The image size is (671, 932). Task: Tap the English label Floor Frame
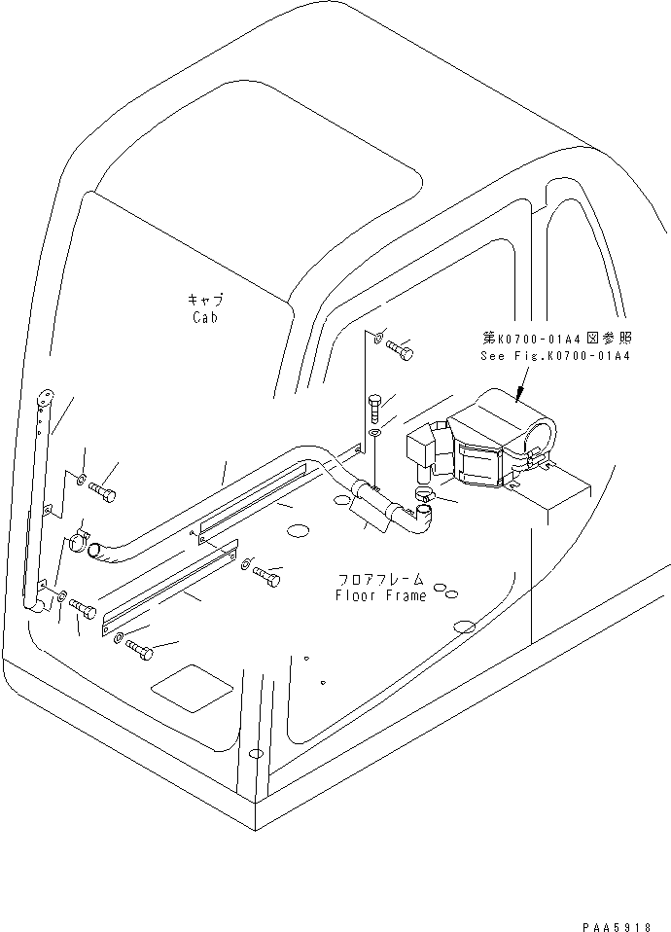point(380,595)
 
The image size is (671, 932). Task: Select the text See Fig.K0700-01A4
point(555,357)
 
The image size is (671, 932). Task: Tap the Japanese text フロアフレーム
point(380,579)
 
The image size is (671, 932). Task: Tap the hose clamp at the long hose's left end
point(79,536)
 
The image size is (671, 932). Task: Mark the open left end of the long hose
point(92,552)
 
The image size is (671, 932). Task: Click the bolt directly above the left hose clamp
point(102,493)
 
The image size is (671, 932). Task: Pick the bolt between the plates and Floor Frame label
point(265,576)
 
